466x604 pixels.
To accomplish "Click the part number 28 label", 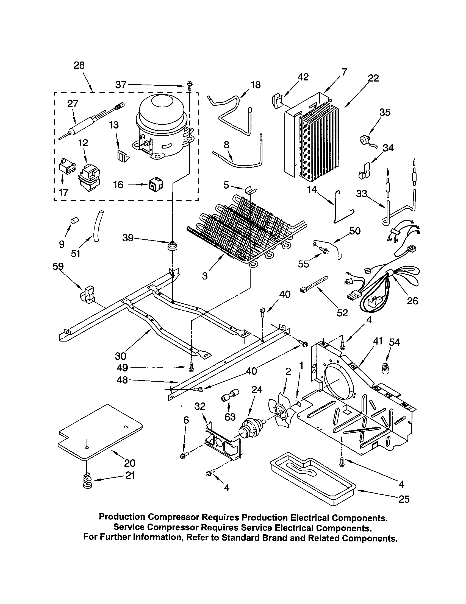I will tap(79, 66).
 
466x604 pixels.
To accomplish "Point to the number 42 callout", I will tap(303, 77).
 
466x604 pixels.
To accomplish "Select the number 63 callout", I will tap(230, 417).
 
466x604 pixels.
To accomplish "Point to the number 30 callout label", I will tap(120, 356).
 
